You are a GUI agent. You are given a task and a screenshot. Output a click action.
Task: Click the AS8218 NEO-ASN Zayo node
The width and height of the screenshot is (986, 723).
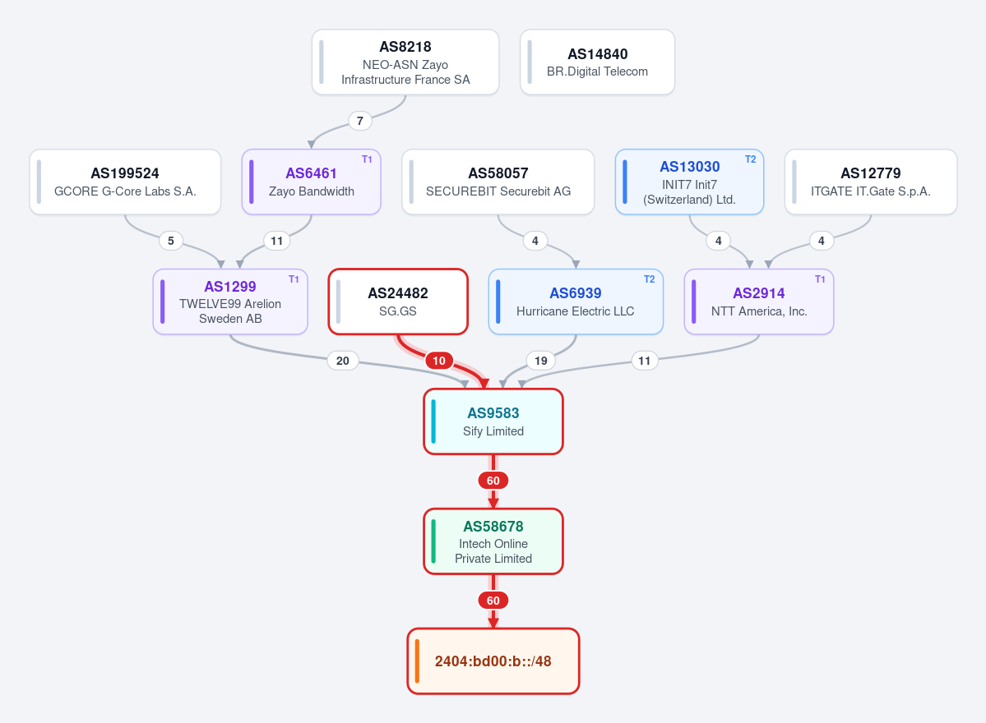405,62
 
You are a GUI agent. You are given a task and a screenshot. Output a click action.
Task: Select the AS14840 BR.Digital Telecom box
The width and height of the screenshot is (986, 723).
597,62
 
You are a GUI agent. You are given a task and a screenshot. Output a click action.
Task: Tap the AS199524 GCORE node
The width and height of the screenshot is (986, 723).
125,182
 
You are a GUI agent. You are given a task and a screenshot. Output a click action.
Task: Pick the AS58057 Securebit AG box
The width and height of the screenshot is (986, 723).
498,182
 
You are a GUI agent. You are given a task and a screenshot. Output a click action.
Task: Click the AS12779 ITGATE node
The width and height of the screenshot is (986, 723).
871,182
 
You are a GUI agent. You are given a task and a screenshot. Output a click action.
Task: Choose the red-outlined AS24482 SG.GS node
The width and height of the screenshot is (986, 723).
398,302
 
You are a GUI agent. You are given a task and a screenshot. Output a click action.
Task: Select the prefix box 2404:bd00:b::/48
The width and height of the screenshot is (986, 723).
493,661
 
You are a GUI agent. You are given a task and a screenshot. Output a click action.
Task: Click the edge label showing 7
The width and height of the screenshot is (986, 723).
359,121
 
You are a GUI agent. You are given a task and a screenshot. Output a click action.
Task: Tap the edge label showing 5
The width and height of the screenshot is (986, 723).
171,241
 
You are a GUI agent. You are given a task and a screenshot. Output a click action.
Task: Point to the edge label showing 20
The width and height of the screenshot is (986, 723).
343,361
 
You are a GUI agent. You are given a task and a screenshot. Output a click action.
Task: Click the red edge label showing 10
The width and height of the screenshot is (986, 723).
439,361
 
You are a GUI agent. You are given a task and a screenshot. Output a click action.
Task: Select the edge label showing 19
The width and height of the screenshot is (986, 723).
541,361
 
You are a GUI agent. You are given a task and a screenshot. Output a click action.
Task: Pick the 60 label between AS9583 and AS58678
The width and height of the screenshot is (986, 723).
493,481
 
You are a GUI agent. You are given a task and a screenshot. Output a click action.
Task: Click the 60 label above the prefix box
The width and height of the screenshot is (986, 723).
493,601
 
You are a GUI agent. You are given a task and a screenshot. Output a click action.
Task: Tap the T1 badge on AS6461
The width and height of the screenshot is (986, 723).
368,159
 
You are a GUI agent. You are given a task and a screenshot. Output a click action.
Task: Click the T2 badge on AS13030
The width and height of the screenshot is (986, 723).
750,159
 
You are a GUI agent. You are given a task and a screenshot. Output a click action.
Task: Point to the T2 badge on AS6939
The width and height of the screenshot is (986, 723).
650,279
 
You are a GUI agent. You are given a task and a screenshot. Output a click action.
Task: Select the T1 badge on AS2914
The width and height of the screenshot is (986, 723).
820,279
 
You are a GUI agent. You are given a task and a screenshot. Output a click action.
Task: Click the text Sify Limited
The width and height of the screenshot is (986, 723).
493,431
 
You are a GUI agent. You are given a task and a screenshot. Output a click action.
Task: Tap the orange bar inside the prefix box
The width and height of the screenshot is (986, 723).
417,661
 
